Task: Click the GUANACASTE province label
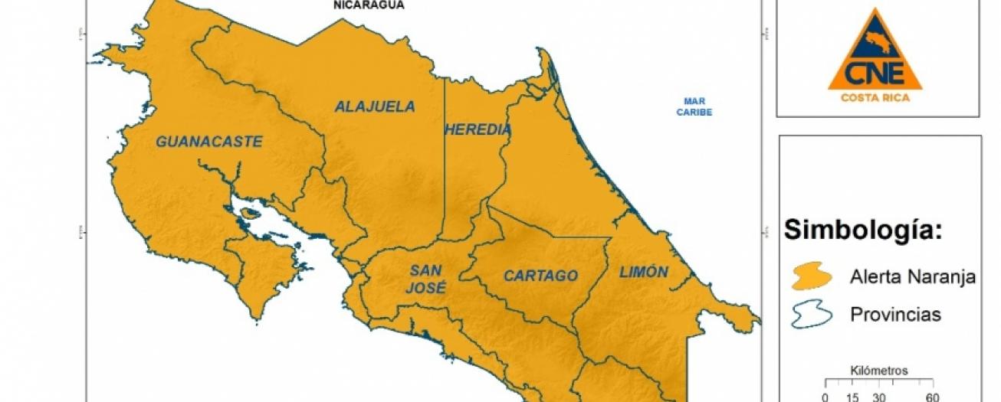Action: [x=209, y=142]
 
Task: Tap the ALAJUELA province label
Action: [x=374, y=107]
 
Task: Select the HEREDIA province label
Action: [x=478, y=130]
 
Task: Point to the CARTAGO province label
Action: [x=540, y=276]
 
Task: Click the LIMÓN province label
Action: [x=644, y=272]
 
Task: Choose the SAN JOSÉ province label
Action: [x=428, y=279]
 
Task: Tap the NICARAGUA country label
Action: [x=368, y=5]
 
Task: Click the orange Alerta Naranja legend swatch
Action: [x=812, y=277]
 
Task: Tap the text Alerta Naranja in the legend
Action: [x=912, y=277]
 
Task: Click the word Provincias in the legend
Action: [x=895, y=315]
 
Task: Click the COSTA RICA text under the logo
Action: [x=875, y=97]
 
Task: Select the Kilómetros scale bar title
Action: [x=879, y=371]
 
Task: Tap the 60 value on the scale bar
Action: [x=932, y=397]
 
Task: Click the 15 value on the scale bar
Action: [x=852, y=397]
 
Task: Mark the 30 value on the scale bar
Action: [x=878, y=397]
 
